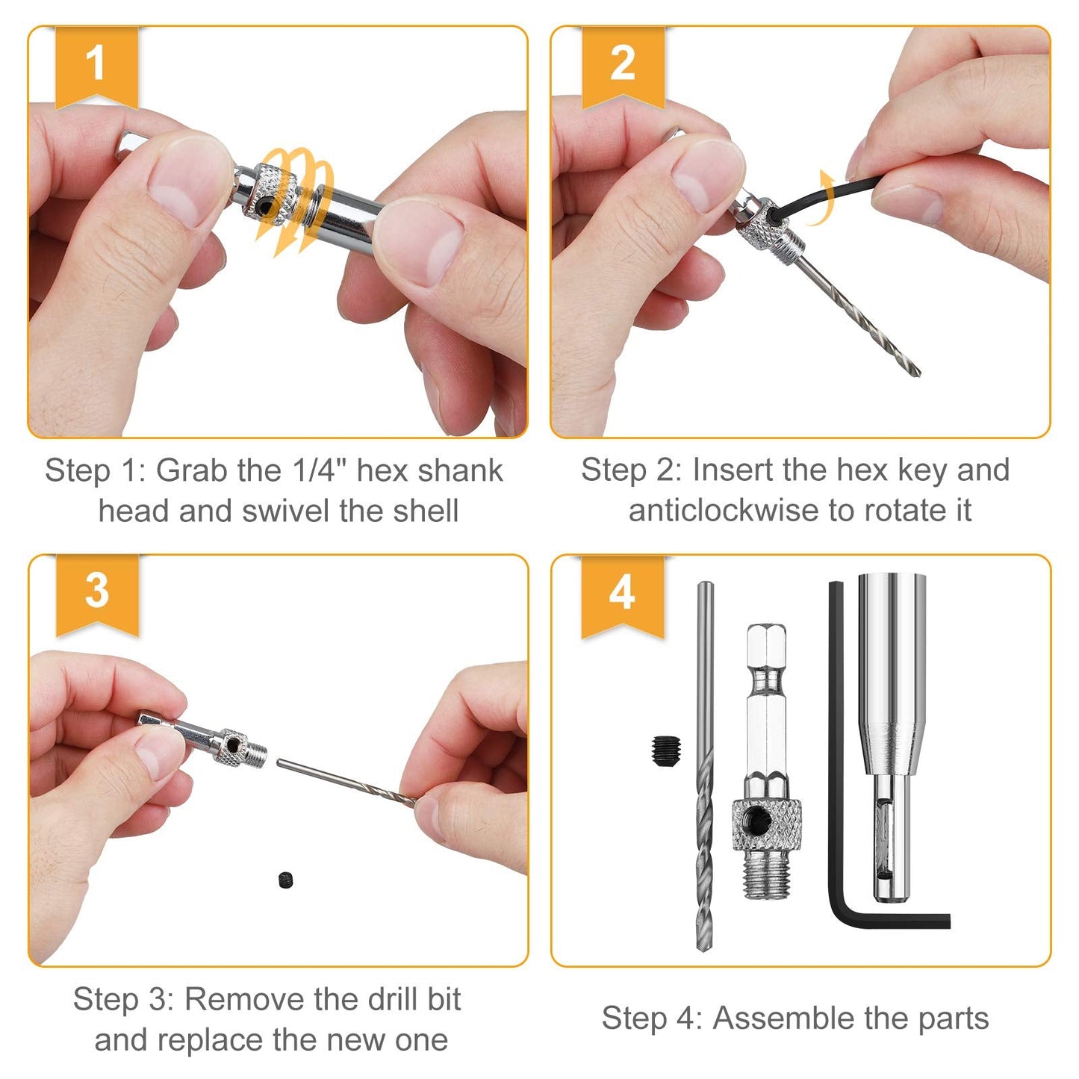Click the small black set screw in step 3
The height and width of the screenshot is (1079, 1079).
tap(287, 880)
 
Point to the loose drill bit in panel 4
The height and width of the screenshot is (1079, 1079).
tap(705, 769)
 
